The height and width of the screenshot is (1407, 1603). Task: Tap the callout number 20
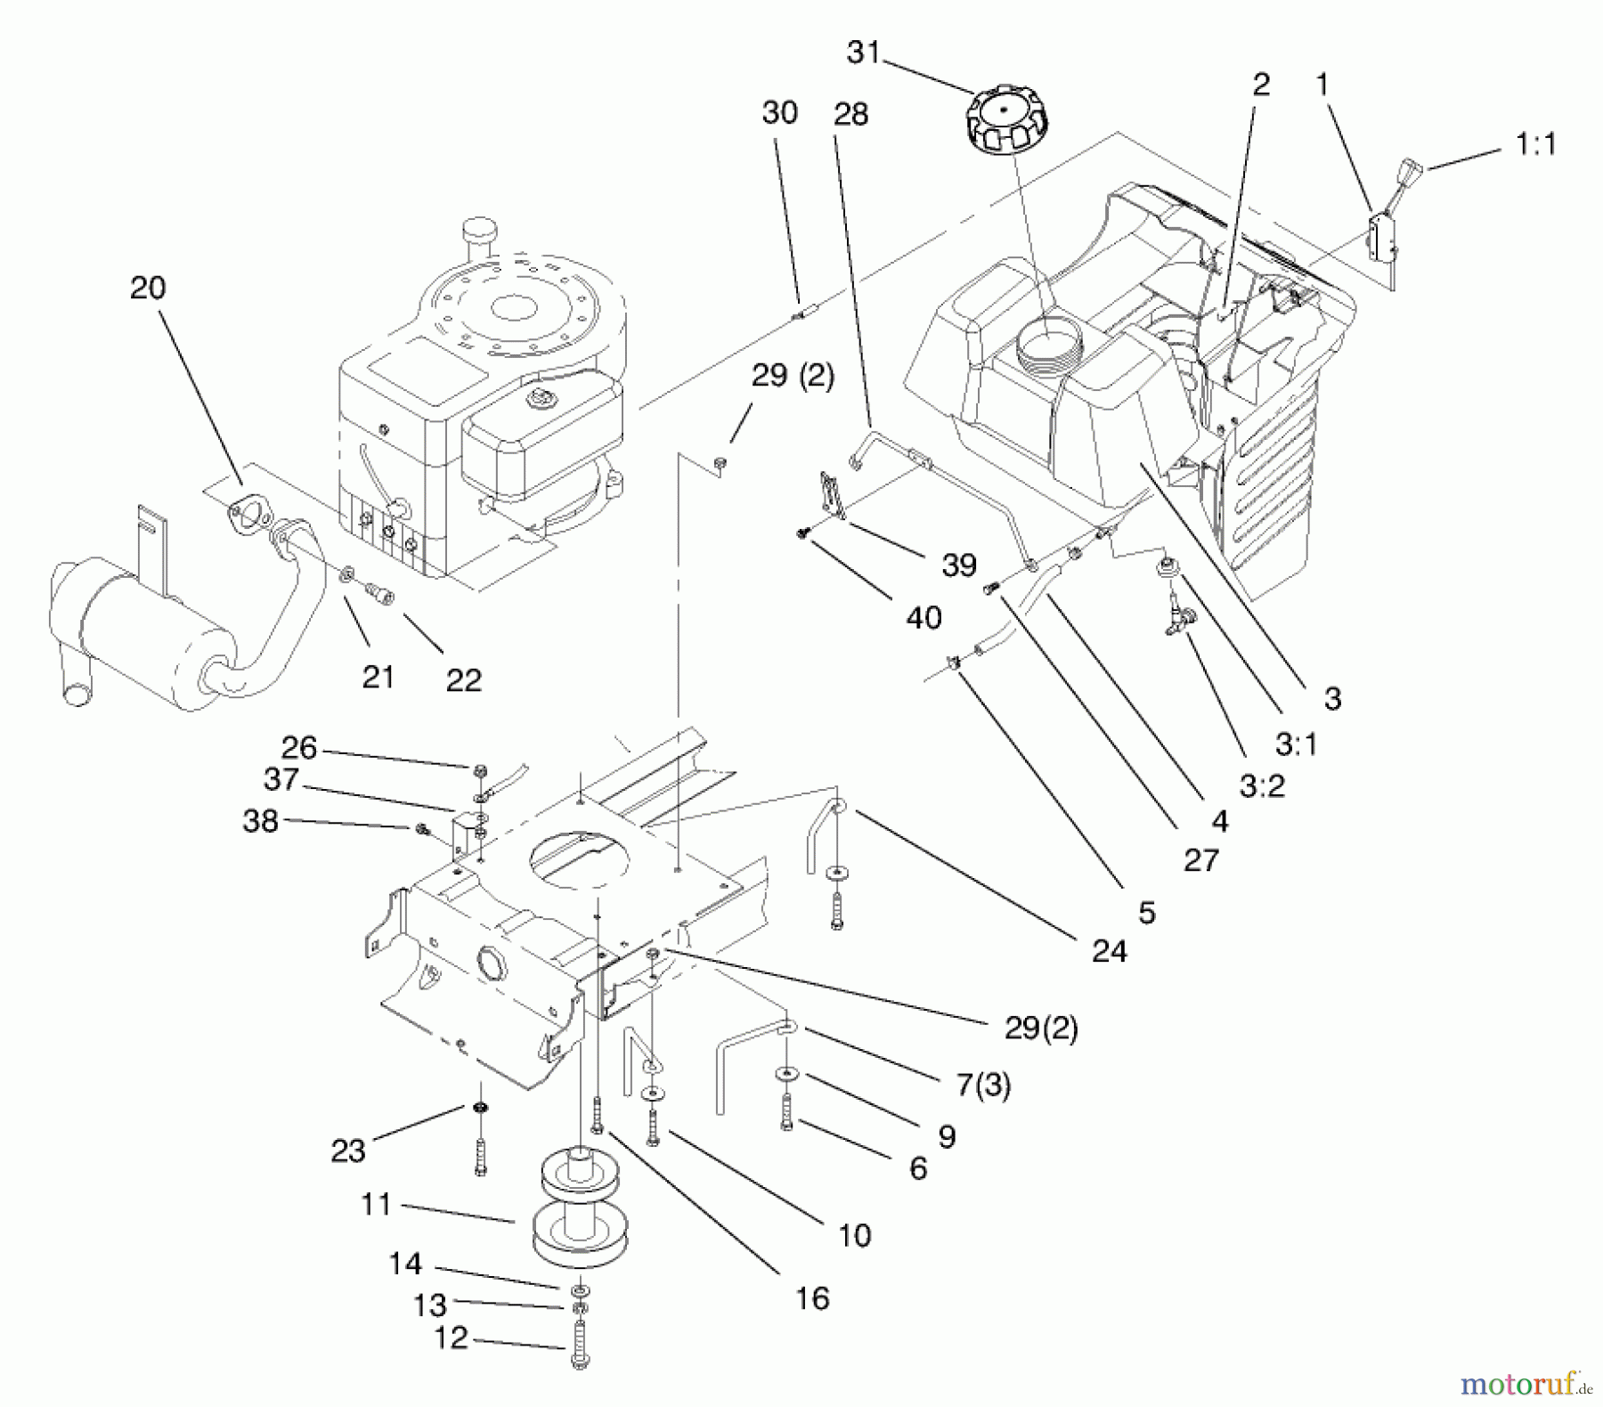(148, 288)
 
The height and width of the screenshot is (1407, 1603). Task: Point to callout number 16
(812, 1297)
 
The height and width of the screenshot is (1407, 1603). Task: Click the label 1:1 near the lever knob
(1535, 144)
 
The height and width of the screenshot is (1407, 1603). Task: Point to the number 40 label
(924, 617)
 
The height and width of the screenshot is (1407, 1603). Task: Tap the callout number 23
(348, 1151)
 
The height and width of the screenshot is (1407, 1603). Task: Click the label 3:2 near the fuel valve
(1262, 785)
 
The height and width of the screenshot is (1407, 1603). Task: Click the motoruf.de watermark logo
(1525, 1383)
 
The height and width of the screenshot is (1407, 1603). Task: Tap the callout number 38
(261, 820)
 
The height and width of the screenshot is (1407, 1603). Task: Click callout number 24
(1110, 951)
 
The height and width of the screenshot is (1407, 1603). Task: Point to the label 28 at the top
(851, 114)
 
